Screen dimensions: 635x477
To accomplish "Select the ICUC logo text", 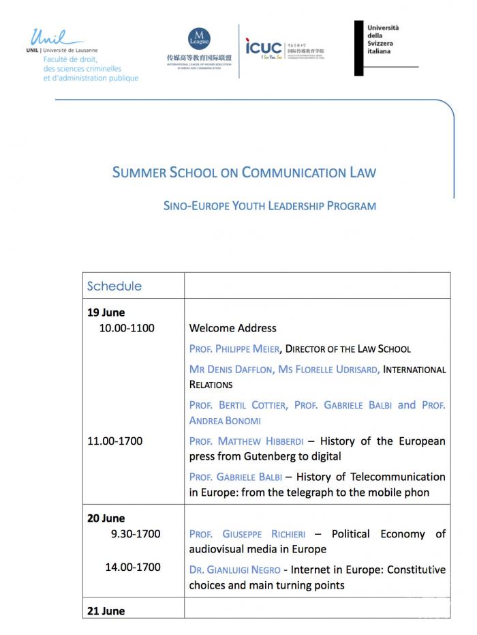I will tap(264, 47).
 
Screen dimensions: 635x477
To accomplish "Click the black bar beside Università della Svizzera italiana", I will tap(359, 48).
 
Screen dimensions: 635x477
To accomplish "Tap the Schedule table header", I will tap(114, 286).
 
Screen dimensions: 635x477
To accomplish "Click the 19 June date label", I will tap(106, 313).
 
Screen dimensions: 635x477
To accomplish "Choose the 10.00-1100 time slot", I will tap(127, 328).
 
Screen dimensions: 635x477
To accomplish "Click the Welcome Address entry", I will tap(232, 328).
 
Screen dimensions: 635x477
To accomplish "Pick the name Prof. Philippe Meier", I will tap(234, 349).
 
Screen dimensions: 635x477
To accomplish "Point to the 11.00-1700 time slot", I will tap(114, 441).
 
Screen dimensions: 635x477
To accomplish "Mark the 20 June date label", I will tap(106, 518).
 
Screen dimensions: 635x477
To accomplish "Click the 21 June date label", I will tap(106, 611).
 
